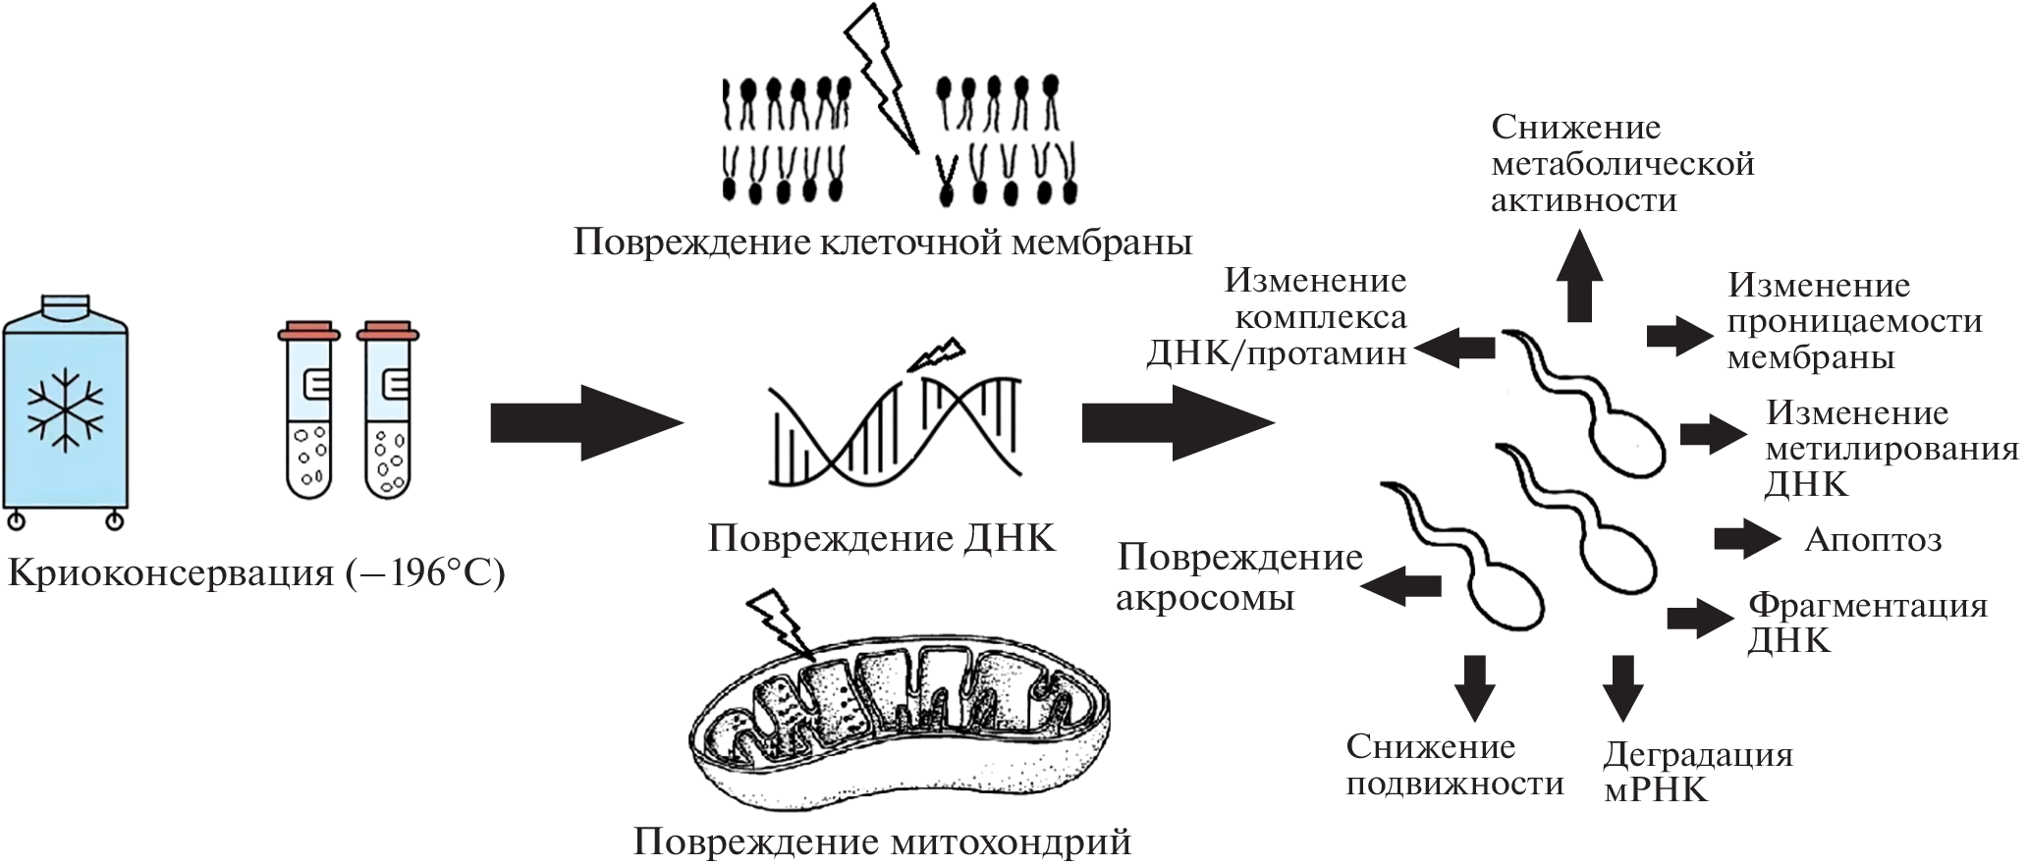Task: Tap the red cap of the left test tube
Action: coord(308,333)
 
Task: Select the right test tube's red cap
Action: coord(387,333)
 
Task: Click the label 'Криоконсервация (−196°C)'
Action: coord(256,573)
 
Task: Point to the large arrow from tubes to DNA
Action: coord(585,423)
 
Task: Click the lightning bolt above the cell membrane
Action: coord(883,79)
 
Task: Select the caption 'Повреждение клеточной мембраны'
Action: coord(882,242)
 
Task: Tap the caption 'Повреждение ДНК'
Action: coord(881,538)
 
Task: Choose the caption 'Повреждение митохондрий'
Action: coord(882,841)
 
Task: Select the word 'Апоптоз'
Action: coord(1873,540)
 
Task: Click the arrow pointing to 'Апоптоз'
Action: coord(1746,539)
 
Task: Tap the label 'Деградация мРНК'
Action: coord(1697,772)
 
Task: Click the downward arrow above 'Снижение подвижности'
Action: coord(1474,686)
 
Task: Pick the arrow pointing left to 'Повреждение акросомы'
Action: coord(1401,586)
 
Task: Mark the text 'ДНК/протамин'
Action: coord(1276,353)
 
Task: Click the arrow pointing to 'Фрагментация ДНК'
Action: coord(1699,618)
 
